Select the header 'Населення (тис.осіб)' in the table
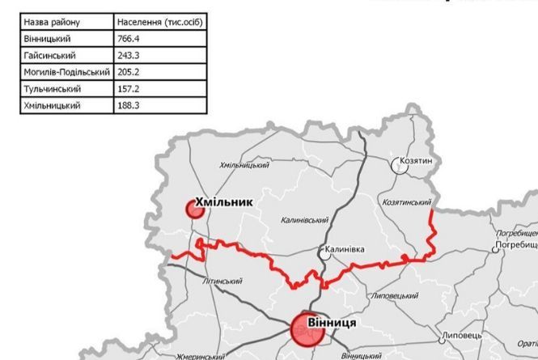point(159,22)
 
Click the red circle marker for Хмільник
point(193,210)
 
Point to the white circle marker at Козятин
point(400,164)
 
